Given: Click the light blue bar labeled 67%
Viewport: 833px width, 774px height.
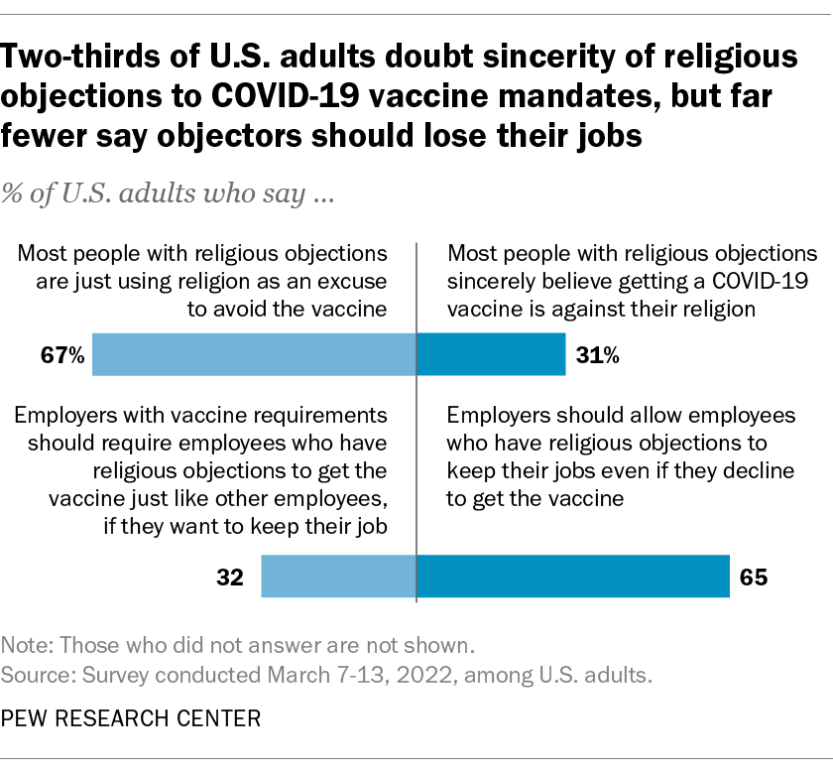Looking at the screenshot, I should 254,354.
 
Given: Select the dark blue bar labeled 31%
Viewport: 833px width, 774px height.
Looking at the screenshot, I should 491,354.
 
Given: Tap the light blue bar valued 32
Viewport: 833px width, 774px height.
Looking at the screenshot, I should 338,577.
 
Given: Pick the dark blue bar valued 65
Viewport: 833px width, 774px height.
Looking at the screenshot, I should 573,577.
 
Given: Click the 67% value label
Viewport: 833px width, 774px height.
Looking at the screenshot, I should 64,355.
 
